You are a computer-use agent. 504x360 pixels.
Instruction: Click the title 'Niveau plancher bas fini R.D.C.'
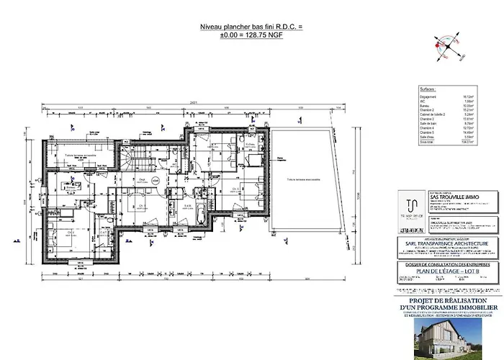coord(251,27)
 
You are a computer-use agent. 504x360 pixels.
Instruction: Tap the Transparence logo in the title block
coord(410,202)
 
